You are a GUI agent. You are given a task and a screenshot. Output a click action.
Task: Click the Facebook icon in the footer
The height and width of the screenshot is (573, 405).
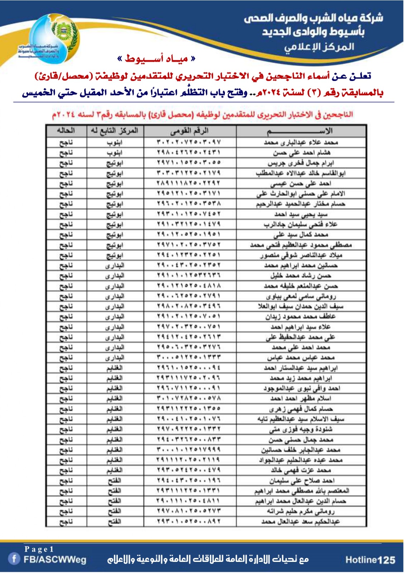(14, 559)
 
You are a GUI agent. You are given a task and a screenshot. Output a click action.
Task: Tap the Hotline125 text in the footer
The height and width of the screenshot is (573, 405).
(370, 560)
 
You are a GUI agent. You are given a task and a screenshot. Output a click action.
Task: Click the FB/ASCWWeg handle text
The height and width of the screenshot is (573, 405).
(55, 559)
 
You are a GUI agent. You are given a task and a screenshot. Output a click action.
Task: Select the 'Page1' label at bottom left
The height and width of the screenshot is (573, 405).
(39, 549)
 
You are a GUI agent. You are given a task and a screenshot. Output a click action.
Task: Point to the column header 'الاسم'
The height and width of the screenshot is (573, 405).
(301, 131)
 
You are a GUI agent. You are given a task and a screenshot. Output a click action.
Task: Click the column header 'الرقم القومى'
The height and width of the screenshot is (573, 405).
(189, 131)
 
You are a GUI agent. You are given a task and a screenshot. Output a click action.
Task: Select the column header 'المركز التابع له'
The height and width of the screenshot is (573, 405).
(115, 131)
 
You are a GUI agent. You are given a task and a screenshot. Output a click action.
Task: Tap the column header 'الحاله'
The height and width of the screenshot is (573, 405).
(66, 131)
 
